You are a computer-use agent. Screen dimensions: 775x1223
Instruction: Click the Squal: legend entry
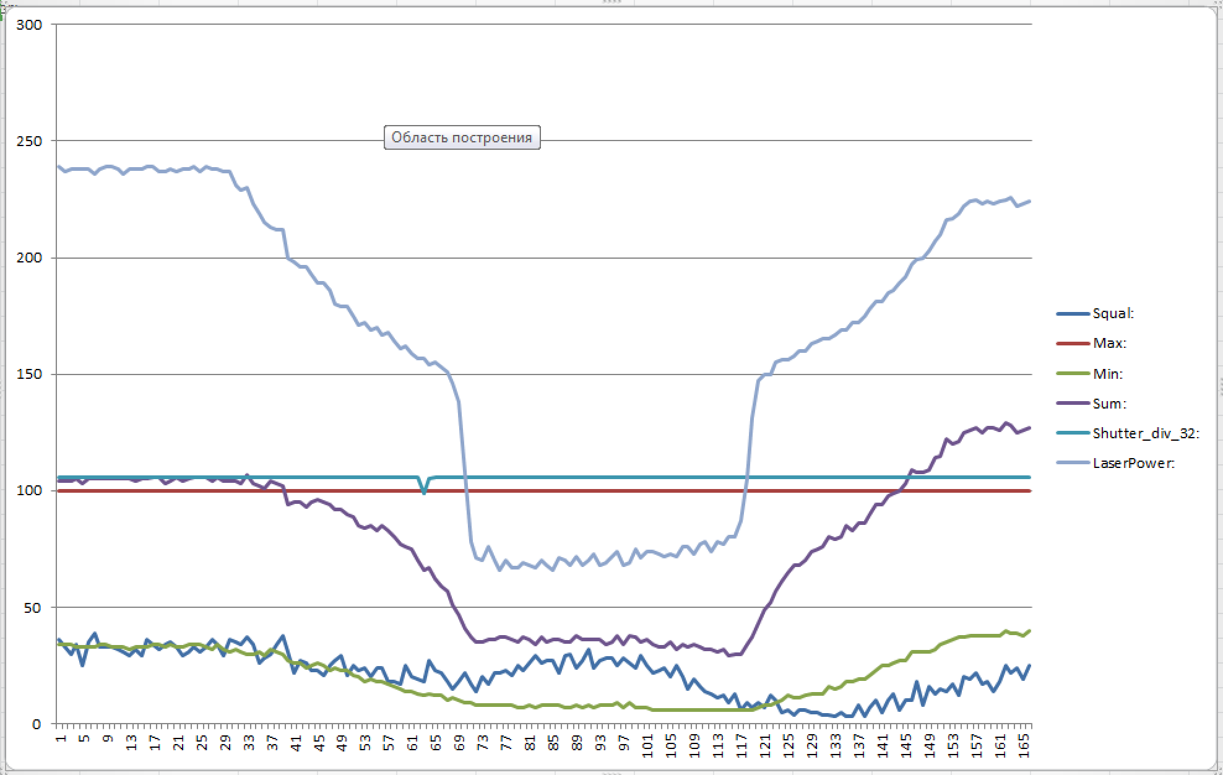click(1113, 314)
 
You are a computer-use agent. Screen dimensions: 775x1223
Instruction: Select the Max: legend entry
click(1109, 344)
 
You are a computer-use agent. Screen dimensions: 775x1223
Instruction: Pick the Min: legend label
click(1107, 374)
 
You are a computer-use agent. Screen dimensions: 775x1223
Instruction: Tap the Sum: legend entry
click(1109, 404)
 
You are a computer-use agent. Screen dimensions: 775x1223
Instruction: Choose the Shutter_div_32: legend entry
click(1146, 433)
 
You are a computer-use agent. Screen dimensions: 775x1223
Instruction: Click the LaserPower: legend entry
click(1133, 463)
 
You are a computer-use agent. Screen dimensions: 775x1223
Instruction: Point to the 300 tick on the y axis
click(30, 25)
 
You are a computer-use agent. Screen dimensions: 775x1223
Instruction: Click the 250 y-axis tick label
click(30, 141)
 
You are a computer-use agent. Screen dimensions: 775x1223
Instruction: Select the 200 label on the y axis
click(30, 258)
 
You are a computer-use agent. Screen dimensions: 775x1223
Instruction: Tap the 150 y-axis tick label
click(30, 375)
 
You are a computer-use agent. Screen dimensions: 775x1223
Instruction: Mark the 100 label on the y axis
click(30, 491)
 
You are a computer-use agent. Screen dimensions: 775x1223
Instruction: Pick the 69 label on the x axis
click(459, 741)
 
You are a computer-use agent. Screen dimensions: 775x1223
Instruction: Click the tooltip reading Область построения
click(462, 137)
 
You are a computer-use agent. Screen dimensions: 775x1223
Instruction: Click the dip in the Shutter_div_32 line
click(424, 492)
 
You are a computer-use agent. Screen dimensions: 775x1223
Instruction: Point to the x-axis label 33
click(248, 741)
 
